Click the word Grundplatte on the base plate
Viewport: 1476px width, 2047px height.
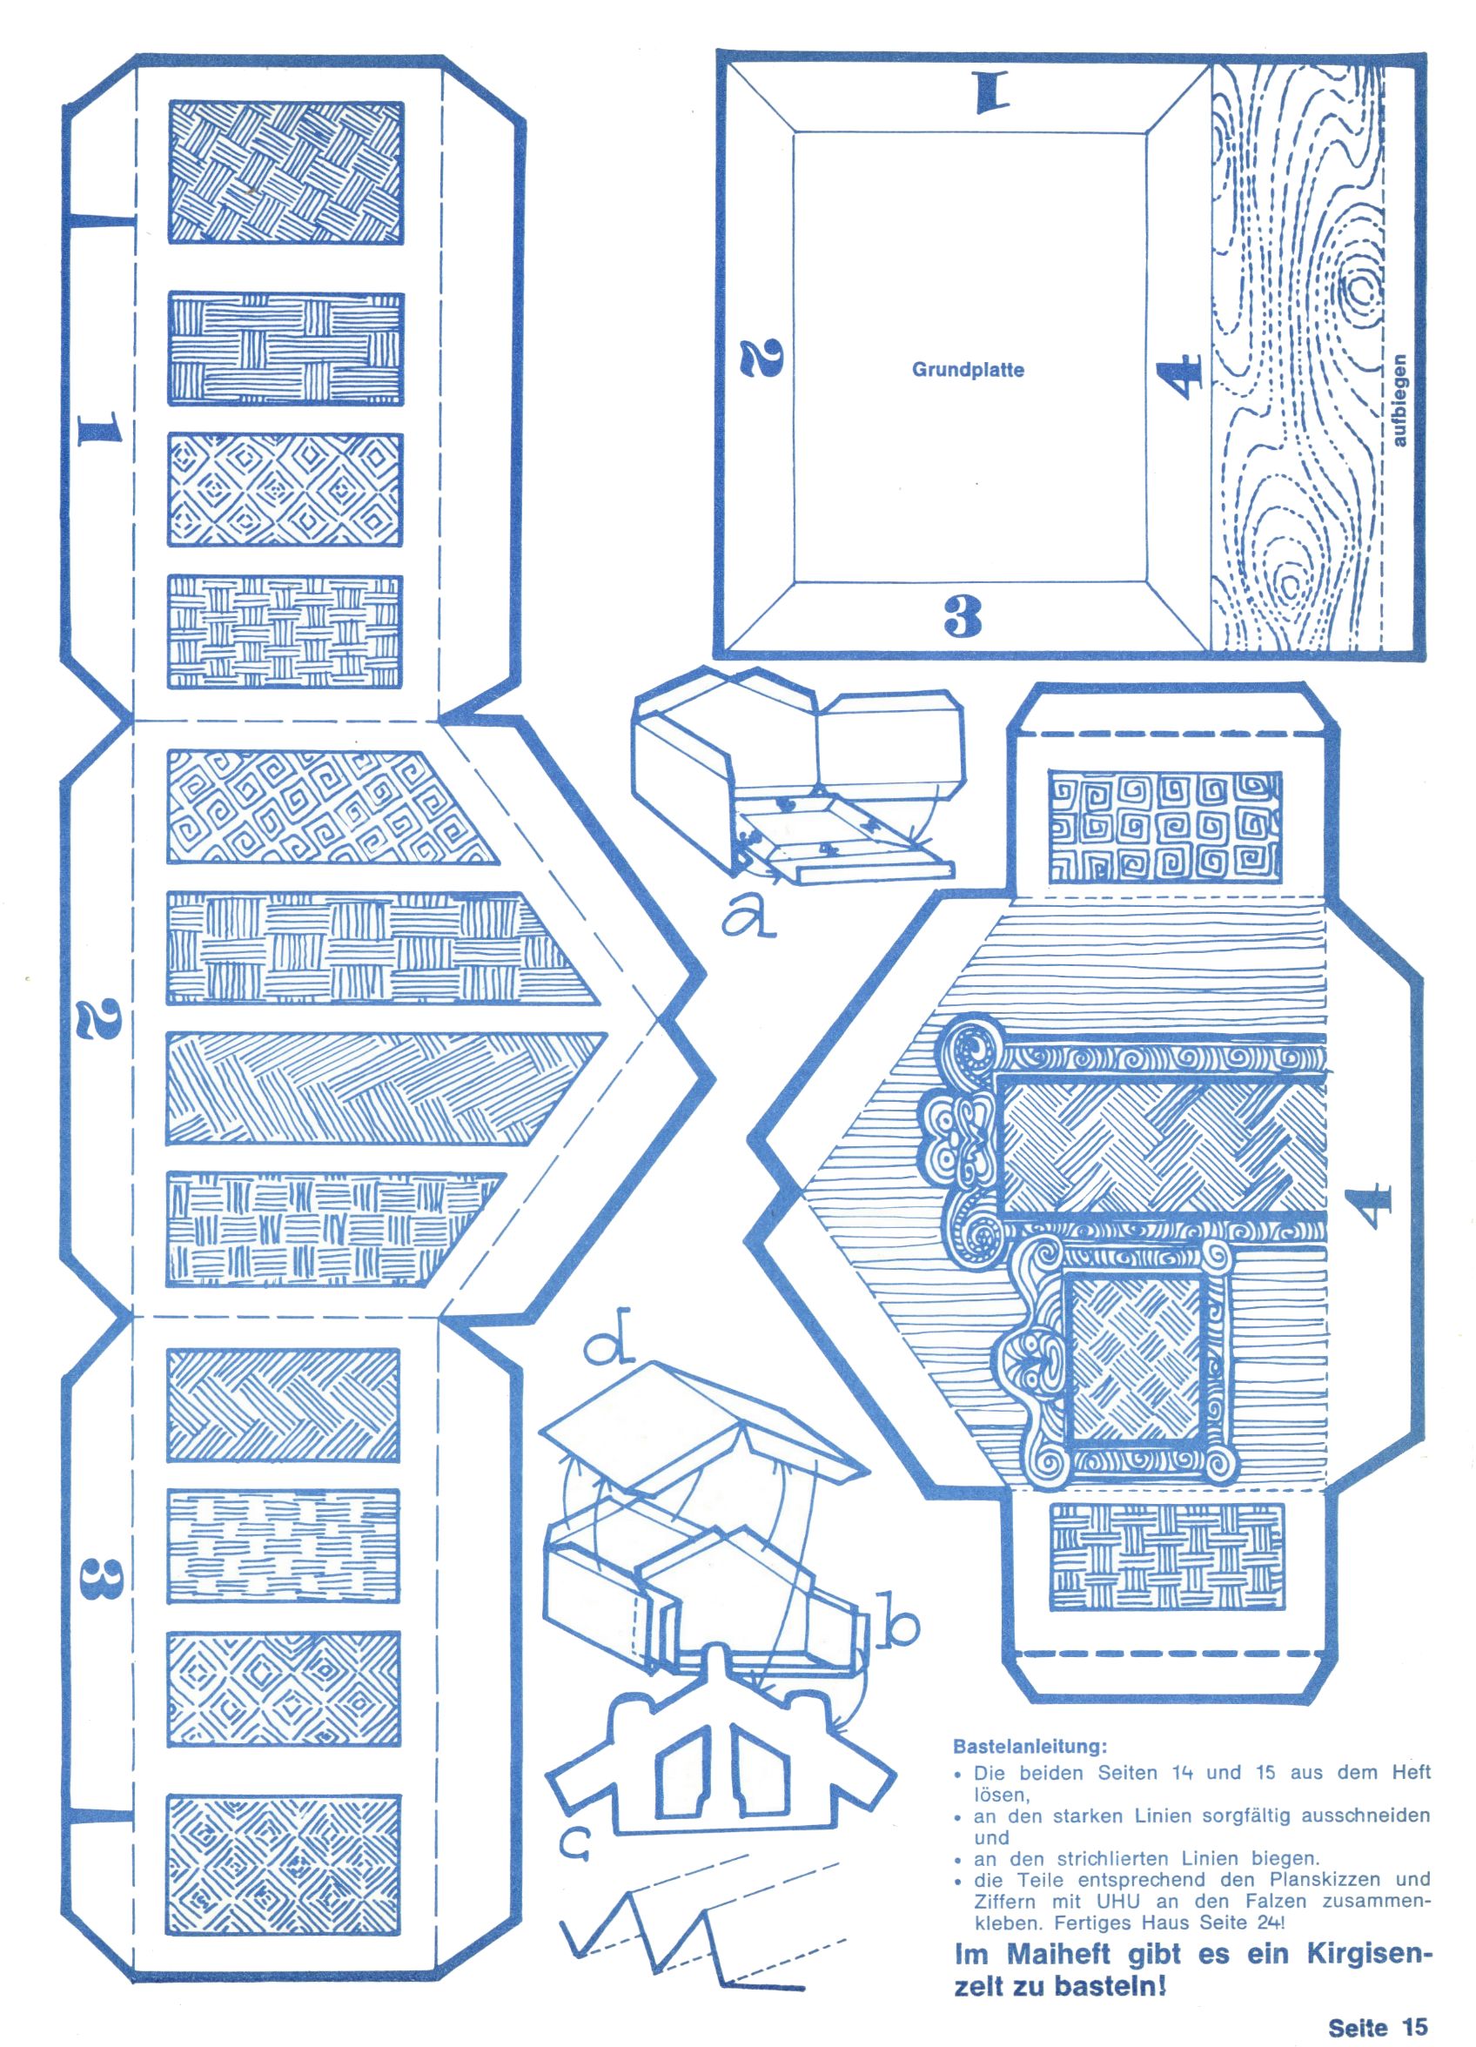coord(967,370)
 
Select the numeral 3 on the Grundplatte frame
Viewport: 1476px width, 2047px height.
coord(963,617)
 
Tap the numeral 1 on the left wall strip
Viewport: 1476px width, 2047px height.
coord(97,431)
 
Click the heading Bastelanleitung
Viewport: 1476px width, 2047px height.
coord(1031,1746)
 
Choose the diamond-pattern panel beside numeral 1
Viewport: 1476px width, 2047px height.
coord(285,489)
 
